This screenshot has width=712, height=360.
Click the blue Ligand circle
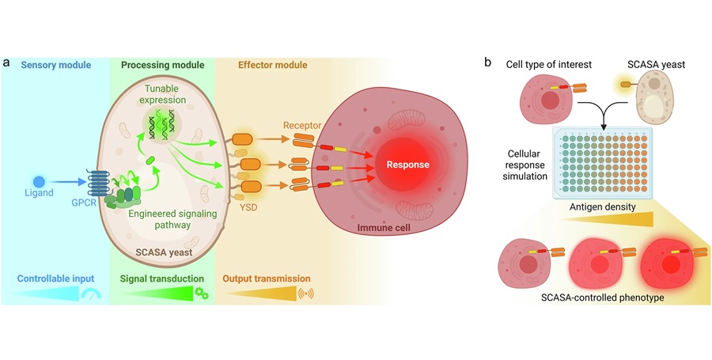(38, 181)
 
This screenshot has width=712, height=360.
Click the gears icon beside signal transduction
(202, 294)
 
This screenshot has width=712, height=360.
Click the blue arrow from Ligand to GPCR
(63, 181)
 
